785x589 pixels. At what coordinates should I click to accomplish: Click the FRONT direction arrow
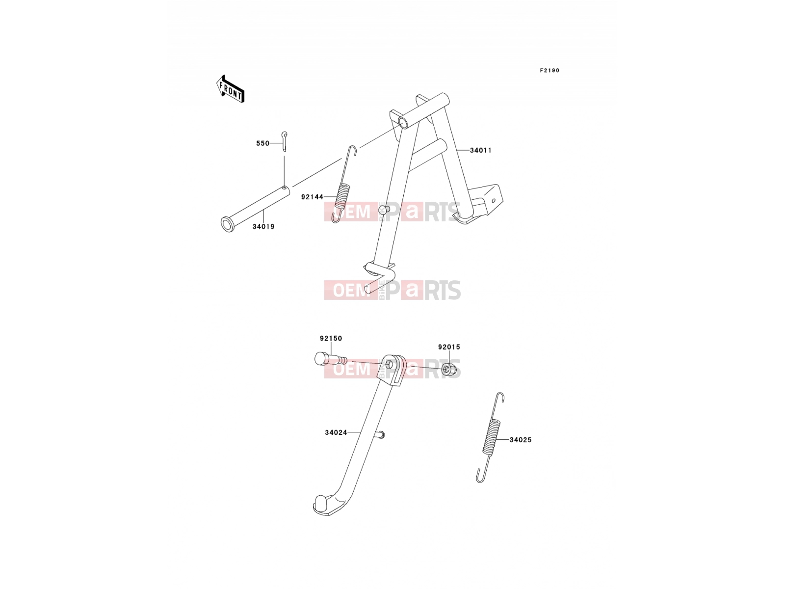(230, 89)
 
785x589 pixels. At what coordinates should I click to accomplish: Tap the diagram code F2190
(549, 71)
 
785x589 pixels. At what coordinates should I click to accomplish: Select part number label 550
(262, 143)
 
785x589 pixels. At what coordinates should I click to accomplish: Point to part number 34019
(263, 226)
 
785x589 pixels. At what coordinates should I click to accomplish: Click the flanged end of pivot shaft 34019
(226, 225)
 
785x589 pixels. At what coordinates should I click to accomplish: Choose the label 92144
(312, 197)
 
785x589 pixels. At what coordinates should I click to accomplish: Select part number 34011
(481, 150)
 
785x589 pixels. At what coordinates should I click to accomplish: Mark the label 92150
(331, 338)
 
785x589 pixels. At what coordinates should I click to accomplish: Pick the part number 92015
(449, 347)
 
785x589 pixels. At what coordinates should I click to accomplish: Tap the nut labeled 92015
(449, 370)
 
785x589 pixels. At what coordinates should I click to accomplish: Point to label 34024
(336, 432)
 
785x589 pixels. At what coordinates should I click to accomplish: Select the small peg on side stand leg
(379, 435)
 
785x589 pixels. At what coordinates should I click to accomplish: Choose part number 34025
(521, 439)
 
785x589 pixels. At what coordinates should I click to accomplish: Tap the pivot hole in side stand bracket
(389, 365)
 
